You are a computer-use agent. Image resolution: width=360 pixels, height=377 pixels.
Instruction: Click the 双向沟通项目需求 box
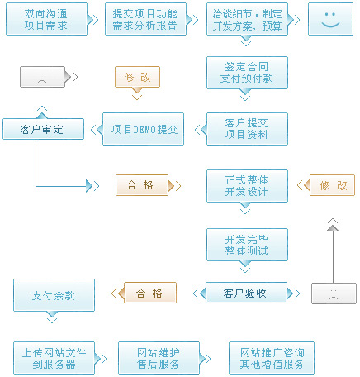[x=46, y=19]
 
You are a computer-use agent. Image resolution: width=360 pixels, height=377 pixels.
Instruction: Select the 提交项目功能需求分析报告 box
[x=145, y=19]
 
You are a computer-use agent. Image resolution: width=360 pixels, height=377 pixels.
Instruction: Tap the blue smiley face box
[x=330, y=19]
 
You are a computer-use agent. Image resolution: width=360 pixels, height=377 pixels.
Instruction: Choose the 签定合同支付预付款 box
[x=247, y=73]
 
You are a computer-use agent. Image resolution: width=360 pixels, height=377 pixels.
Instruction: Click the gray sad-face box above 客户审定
[x=42, y=77]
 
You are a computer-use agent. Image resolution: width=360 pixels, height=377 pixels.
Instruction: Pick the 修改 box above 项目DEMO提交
[x=137, y=77]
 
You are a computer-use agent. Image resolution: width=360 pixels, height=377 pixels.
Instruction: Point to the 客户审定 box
[x=43, y=129]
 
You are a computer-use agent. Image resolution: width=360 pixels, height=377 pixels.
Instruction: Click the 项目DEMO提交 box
[x=143, y=129]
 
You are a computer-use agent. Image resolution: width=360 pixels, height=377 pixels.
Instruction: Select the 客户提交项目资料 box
[x=247, y=129]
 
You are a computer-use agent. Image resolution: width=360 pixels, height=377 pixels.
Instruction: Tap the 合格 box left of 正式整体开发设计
[x=142, y=185]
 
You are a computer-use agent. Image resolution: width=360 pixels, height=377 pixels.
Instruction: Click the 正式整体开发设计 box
[x=247, y=186]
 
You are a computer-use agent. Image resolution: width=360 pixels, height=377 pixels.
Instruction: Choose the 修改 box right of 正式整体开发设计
[x=332, y=185]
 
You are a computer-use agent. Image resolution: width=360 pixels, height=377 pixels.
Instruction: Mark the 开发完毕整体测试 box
[x=247, y=245]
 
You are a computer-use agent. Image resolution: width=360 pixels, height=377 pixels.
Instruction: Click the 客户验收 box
[x=246, y=293]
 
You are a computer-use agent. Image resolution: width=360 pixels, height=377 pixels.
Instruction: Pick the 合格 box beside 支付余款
[x=150, y=293]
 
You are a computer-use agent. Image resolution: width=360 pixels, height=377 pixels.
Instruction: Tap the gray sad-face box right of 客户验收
[x=334, y=293]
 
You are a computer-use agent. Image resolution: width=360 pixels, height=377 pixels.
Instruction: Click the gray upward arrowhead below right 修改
[x=333, y=228]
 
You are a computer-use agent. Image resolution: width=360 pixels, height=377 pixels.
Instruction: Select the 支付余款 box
[x=54, y=295]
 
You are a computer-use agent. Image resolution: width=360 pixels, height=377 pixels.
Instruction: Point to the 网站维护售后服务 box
[x=159, y=358]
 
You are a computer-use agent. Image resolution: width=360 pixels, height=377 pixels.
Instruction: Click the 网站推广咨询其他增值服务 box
[x=272, y=358]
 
